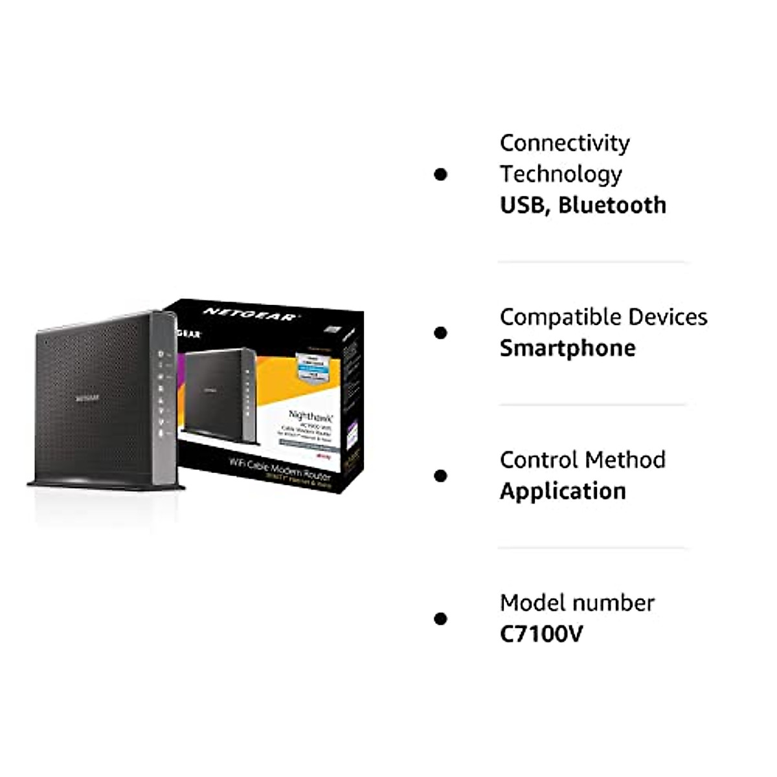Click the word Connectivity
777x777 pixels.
565,143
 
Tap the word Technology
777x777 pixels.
561,174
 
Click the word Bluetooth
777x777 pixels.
612,205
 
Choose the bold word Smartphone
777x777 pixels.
567,348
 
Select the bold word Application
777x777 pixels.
563,491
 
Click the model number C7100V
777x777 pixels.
541,634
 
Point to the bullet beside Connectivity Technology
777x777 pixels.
441,174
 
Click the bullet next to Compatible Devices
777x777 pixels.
441,333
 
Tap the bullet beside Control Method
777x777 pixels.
441,476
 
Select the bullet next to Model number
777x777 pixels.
441,618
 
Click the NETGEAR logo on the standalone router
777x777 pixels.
87,398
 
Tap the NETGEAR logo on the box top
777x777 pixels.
249,315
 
